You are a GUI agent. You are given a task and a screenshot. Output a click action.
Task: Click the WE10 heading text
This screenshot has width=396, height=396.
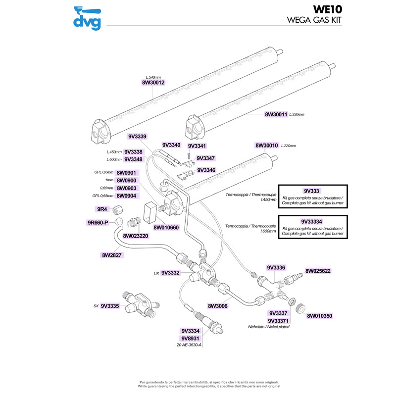(x=327, y=10)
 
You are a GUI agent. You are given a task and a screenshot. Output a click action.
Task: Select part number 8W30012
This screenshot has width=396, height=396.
(x=153, y=83)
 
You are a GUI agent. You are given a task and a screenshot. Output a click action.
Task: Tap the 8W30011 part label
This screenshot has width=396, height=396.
(x=276, y=114)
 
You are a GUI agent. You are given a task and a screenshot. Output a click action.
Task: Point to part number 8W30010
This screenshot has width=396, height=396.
(x=267, y=146)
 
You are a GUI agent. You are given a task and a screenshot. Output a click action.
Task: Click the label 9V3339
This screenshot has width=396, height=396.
(x=137, y=136)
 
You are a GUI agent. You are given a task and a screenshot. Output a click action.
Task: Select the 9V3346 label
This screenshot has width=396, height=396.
(x=206, y=170)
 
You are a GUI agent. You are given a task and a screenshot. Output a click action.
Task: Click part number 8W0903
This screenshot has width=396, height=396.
(x=126, y=189)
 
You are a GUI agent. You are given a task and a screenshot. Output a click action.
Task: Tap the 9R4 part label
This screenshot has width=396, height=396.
(x=103, y=208)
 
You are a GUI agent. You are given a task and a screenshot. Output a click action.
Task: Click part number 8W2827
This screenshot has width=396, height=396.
(x=112, y=255)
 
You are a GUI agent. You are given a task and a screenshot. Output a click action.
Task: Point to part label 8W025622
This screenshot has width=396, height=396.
(x=318, y=271)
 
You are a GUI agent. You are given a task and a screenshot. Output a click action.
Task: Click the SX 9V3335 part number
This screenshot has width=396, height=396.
(x=110, y=306)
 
